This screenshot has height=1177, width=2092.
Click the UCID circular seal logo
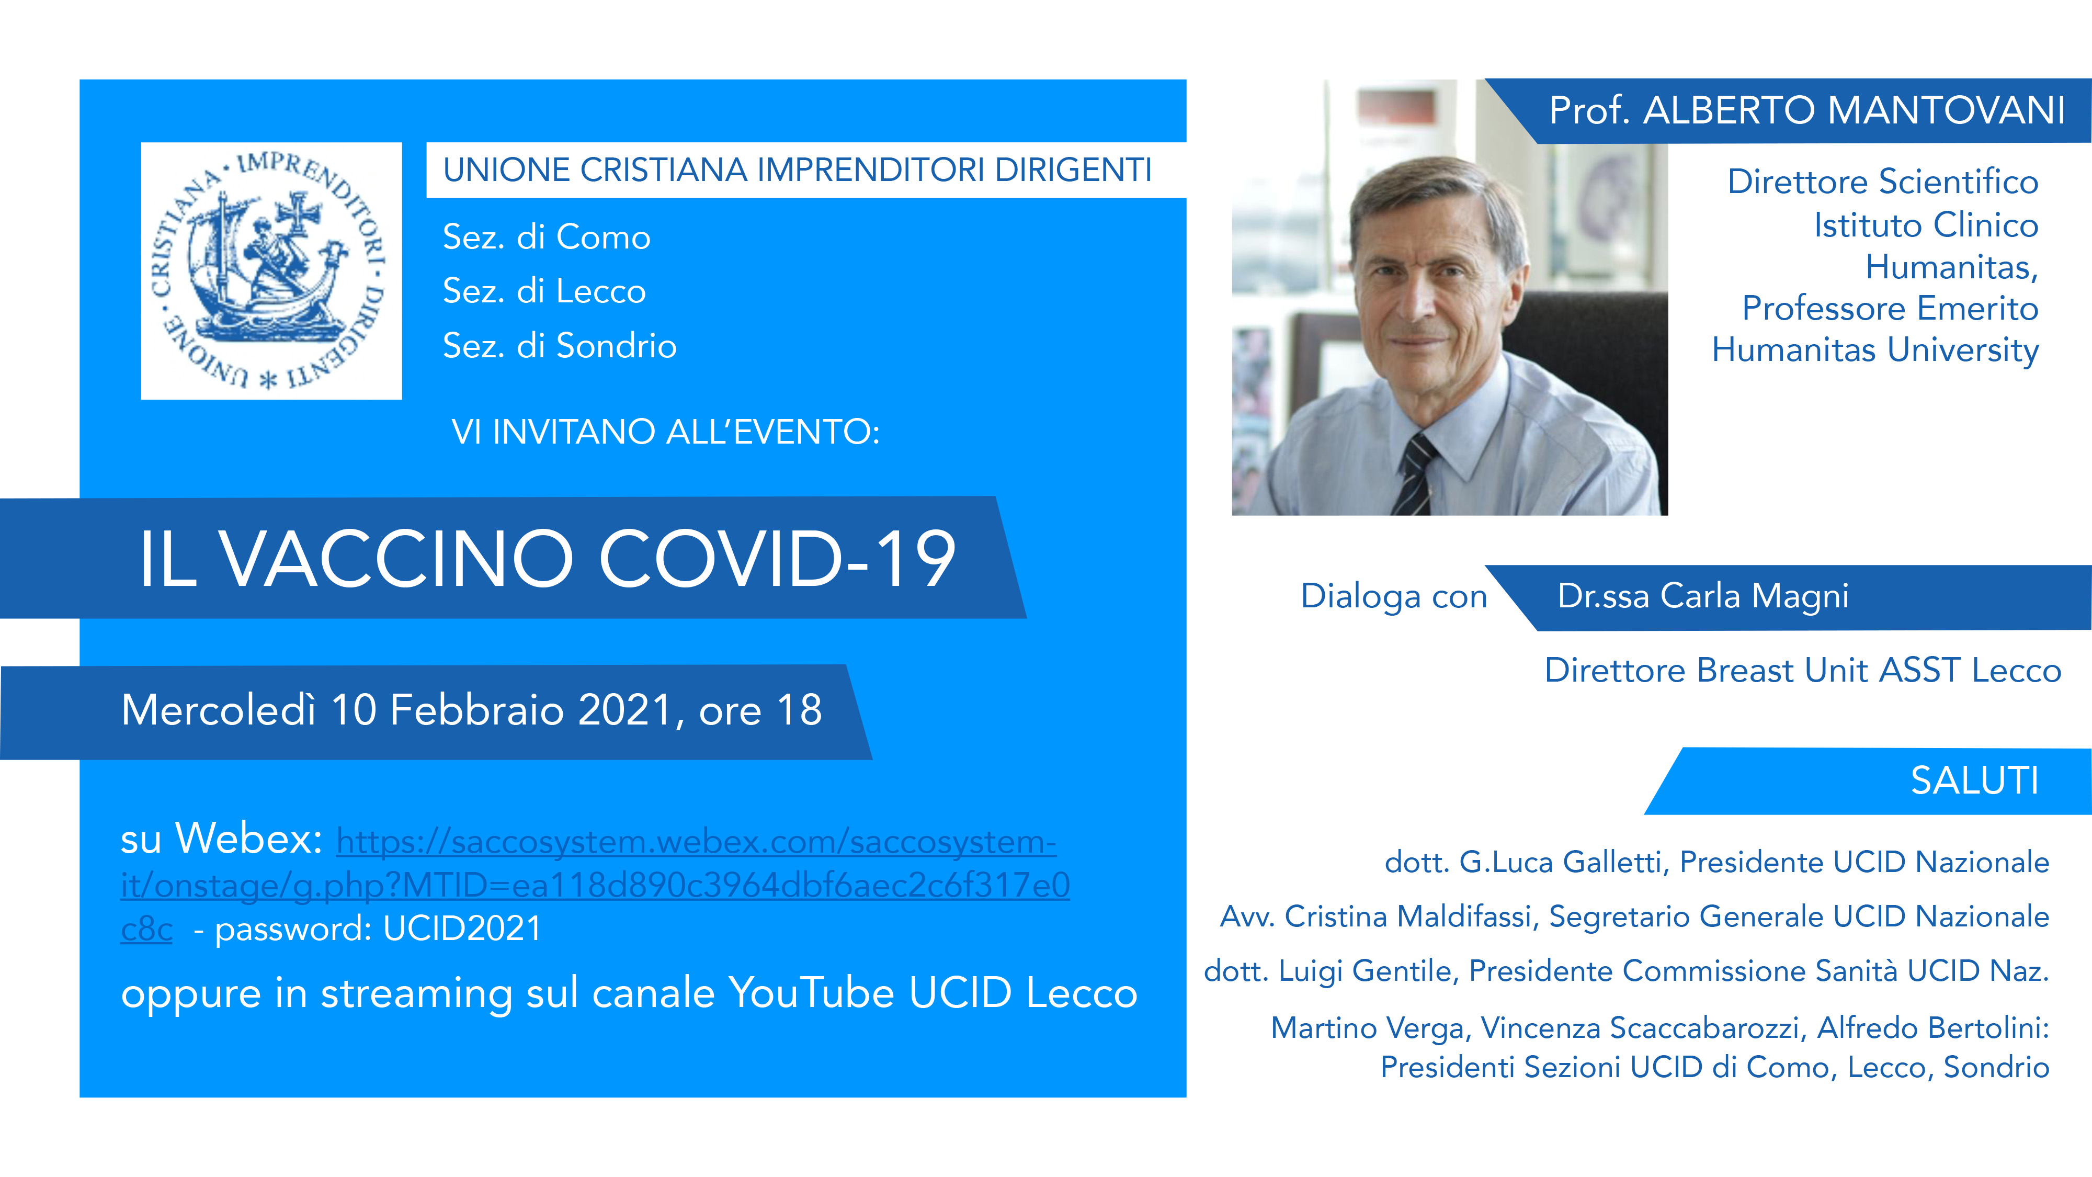270,270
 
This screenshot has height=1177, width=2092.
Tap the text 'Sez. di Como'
547,237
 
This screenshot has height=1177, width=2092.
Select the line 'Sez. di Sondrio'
560,346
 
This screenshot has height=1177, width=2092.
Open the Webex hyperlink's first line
696,842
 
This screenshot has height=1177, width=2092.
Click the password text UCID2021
462,929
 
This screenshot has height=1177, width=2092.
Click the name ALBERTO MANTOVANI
1854,110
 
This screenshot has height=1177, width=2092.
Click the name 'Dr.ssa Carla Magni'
1703,596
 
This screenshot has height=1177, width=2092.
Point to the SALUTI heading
1974,780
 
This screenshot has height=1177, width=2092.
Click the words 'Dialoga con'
1394,596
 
